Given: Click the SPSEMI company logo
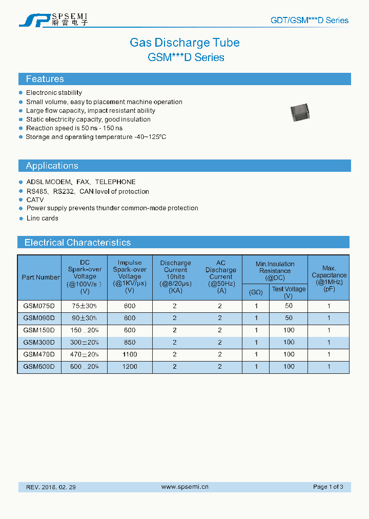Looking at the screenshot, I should pos(53,19).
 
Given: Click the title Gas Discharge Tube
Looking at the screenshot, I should pos(184,43).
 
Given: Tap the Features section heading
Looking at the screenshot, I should pos(45,79).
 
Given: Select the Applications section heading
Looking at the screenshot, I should pos(52,166).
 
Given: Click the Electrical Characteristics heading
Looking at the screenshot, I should pos(77,243).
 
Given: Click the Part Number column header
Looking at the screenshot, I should pos(40,277).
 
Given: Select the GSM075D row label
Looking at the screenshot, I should pos(39,306).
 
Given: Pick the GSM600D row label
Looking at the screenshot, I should pos(39,367).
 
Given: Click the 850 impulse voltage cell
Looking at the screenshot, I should pos(130,342).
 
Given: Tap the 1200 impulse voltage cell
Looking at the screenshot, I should pos(130,367).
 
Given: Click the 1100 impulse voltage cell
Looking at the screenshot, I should pos(130,354).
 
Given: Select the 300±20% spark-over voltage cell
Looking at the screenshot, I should pos(85,342).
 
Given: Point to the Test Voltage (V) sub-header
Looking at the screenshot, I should pos(289,292).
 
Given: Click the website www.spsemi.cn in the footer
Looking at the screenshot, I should pos(184,487).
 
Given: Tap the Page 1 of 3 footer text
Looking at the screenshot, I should pos(328,487).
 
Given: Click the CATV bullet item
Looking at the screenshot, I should pos(35,200).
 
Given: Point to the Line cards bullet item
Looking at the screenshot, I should pos(42,218).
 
